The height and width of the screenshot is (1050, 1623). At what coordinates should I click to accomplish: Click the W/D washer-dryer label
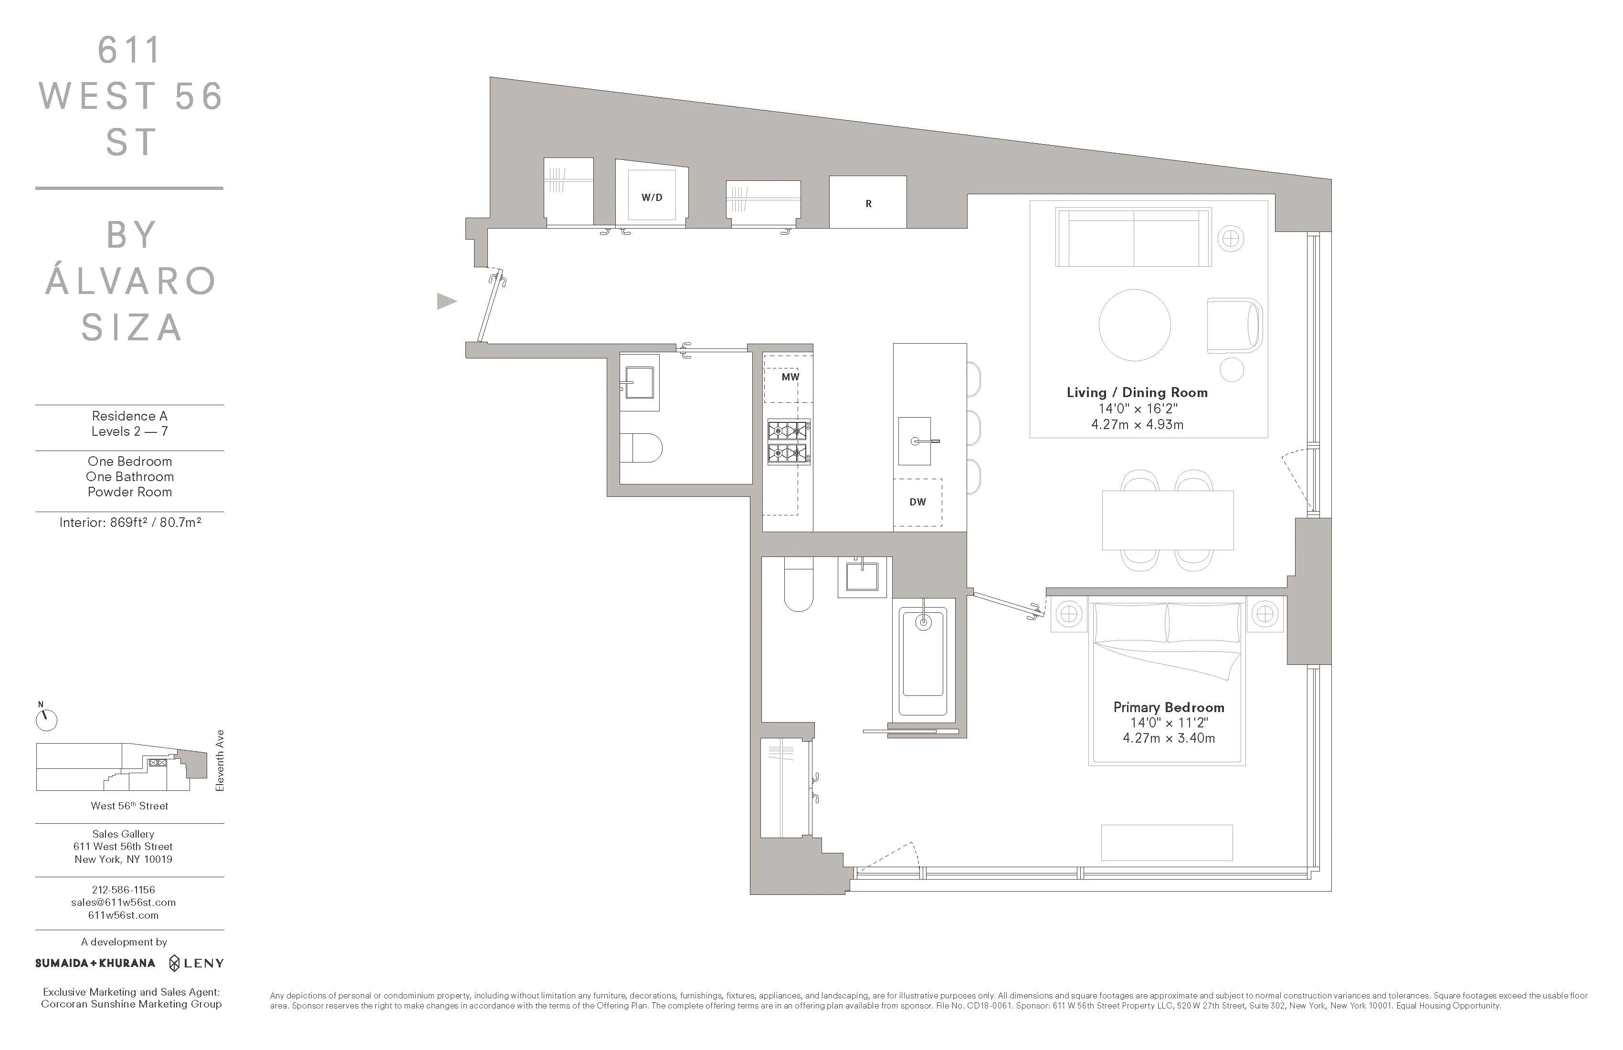tap(651, 198)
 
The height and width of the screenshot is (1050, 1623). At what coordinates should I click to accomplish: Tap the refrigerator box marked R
tap(867, 203)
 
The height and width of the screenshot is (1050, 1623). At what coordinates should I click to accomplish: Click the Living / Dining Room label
tap(1137, 393)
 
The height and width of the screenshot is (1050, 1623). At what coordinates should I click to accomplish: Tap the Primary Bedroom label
tap(1168, 708)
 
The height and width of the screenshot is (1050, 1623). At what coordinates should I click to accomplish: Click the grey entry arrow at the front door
tap(446, 301)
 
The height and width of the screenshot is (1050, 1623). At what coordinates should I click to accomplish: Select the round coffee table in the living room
tap(1135, 325)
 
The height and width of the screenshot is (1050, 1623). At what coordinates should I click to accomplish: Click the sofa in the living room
tap(1133, 239)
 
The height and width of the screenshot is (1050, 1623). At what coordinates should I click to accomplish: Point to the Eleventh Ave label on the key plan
tap(220, 760)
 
